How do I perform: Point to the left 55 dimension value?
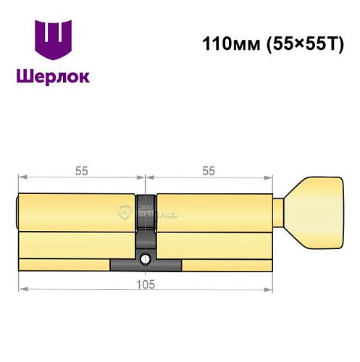click(x=81, y=172)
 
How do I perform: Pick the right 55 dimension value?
click(x=209, y=172)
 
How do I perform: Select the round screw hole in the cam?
click(x=146, y=258)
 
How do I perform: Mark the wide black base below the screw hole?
click(x=146, y=266)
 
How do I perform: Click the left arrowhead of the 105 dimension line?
click(x=21, y=290)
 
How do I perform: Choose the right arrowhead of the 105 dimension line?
click(x=272, y=290)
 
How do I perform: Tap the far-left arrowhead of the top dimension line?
click(x=21, y=177)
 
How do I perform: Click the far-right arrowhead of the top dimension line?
click(x=272, y=177)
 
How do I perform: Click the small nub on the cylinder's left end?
click(x=17, y=211)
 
